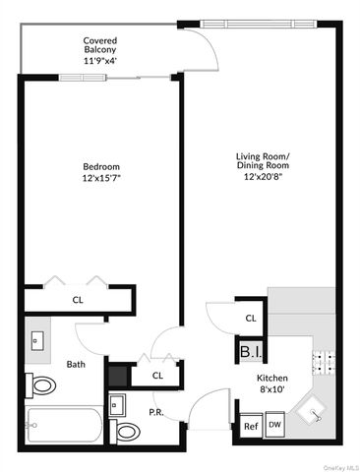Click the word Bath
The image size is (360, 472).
pyautogui.click(x=76, y=364)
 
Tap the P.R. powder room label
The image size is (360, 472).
pyautogui.click(x=155, y=412)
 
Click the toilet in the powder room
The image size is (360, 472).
pyautogui.click(x=126, y=430)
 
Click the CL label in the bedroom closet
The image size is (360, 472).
pyautogui.click(x=77, y=300)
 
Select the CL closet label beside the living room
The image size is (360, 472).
pyautogui.click(x=251, y=318)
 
